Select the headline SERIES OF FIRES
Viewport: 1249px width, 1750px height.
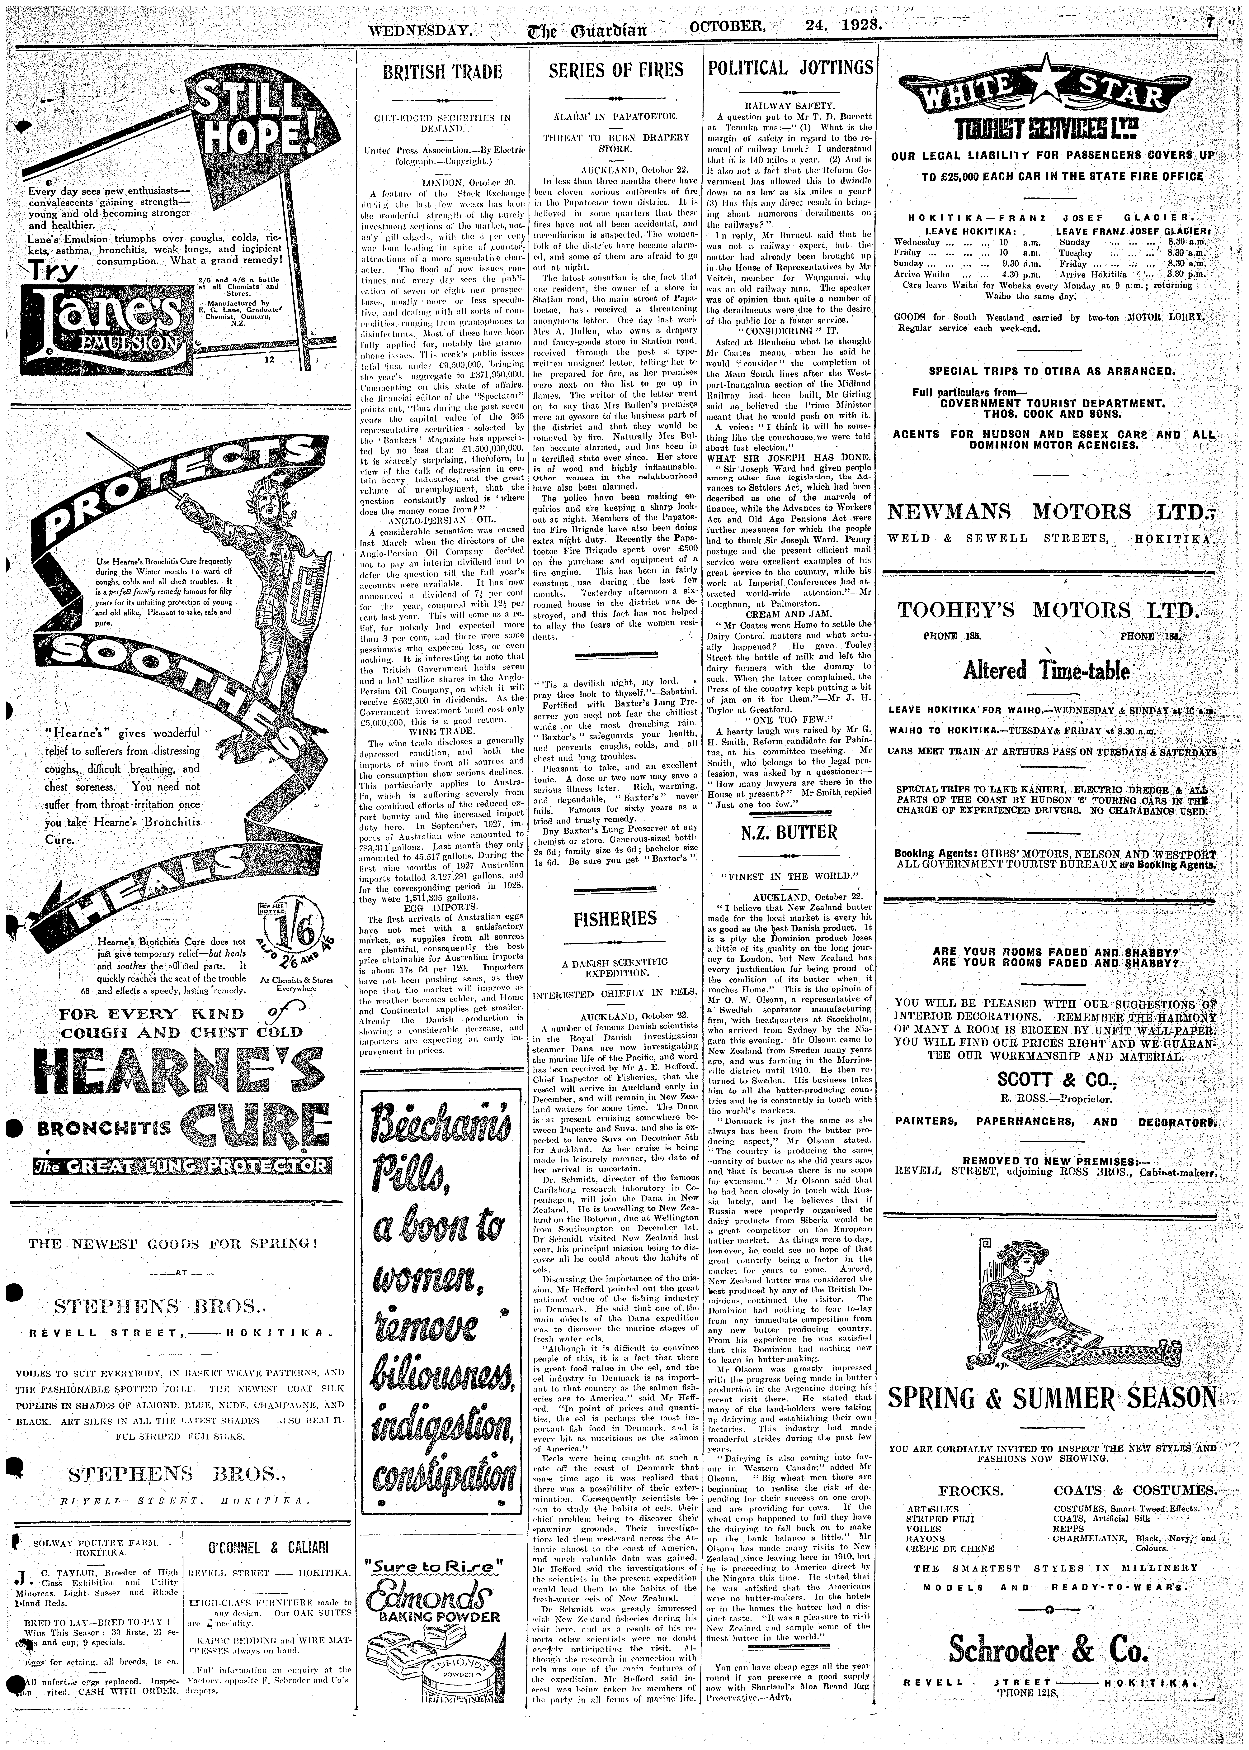tap(615, 70)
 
